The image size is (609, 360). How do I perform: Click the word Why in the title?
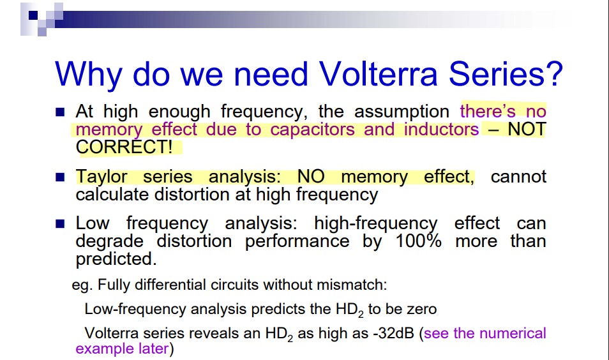point(89,74)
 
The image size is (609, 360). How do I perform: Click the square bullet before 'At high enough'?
point(60,112)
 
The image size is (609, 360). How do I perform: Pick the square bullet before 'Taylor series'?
point(60,177)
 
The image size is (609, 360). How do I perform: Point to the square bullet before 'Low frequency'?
point(60,224)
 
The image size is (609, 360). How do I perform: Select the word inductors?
point(441,129)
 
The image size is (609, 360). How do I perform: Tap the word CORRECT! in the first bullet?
point(124,147)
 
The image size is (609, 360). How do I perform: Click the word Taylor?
point(101,177)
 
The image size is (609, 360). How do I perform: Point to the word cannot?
point(518,177)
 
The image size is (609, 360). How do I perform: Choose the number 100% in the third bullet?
point(418,241)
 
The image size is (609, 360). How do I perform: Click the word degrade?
point(110,241)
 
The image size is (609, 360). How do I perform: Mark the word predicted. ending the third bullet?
point(116,259)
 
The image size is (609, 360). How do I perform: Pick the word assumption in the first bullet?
point(402,112)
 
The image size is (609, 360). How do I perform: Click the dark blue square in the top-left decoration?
point(33,15)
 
